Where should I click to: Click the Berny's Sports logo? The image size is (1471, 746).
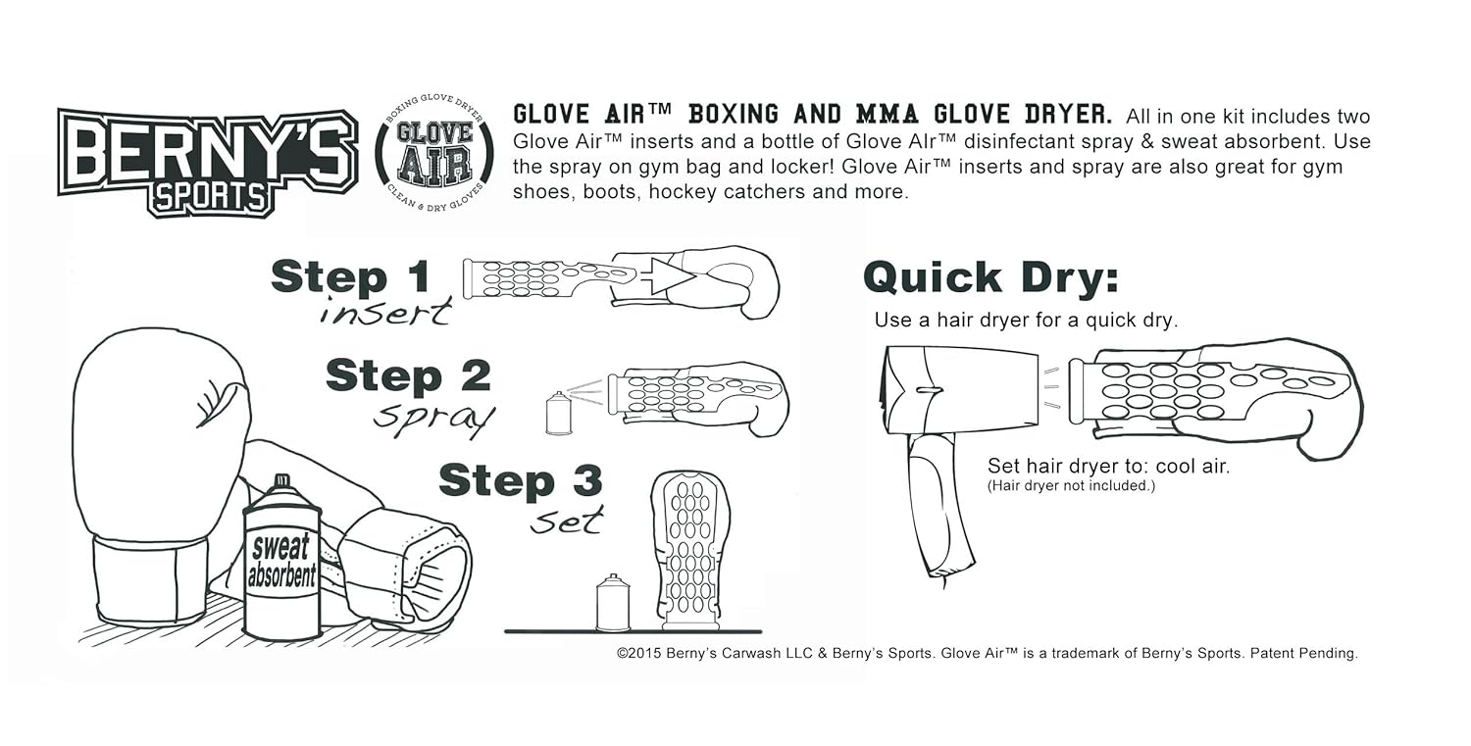(x=207, y=161)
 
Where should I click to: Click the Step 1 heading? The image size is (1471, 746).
(x=350, y=278)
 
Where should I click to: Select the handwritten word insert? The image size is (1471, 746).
(x=385, y=314)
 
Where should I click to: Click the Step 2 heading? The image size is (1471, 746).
(x=408, y=376)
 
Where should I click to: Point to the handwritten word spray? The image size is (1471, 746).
(x=433, y=419)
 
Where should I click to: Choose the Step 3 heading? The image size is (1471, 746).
(x=520, y=481)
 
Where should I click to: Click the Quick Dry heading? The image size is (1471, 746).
(x=990, y=278)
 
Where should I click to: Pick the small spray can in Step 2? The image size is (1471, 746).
(x=558, y=414)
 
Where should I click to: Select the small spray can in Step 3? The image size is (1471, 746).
(x=613, y=603)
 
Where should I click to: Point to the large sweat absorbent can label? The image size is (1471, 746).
(x=281, y=562)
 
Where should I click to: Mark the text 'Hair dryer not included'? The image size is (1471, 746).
(x=1071, y=486)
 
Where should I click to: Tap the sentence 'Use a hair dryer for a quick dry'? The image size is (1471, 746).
(x=1025, y=321)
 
